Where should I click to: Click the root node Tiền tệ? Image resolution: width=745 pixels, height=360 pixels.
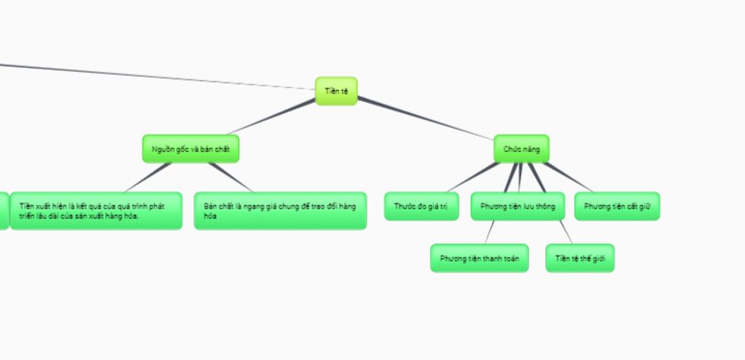(x=336, y=91)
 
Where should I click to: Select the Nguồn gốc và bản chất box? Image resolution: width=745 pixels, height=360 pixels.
(x=191, y=148)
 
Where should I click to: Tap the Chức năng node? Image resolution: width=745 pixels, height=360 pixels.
(x=521, y=148)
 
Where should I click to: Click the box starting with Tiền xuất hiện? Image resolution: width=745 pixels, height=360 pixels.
(x=96, y=210)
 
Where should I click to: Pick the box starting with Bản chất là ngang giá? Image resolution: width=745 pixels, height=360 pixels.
(x=280, y=210)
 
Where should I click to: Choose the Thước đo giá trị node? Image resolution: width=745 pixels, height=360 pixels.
(x=421, y=207)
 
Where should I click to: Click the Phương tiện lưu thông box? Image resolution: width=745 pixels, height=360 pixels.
(x=517, y=207)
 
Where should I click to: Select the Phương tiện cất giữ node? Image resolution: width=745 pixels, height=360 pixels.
(x=617, y=207)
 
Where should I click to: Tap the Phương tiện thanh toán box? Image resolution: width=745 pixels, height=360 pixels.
(x=479, y=258)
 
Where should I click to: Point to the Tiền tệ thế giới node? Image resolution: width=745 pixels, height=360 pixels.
(x=580, y=258)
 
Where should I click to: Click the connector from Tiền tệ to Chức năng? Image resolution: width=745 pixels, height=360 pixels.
(x=426, y=119)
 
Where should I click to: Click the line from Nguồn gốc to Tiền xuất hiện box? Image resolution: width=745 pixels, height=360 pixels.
(x=148, y=177)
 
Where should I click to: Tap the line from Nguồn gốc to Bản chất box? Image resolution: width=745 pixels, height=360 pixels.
(x=231, y=177)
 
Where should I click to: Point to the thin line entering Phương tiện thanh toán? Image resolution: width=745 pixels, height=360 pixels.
(x=490, y=233)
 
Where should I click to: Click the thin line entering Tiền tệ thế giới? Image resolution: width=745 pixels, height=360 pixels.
(x=566, y=233)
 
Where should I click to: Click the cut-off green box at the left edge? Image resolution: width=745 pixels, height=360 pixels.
(x=4, y=210)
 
